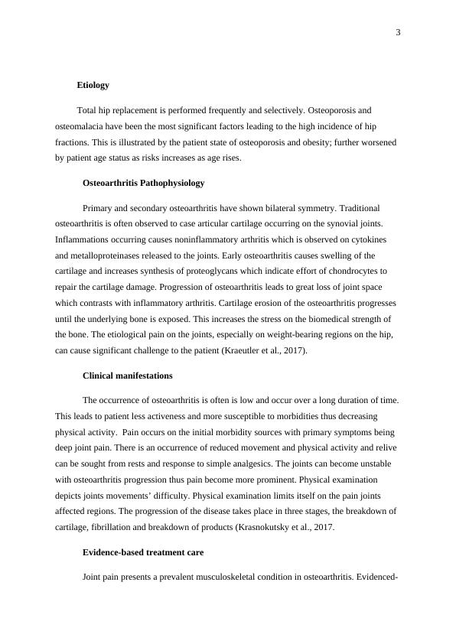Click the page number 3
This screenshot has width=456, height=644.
click(x=398, y=32)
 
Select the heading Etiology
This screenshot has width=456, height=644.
click(x=93, y=85)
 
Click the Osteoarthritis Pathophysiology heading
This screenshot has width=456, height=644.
click(x=143, y=184)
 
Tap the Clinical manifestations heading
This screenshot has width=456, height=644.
click(x=127, y=376)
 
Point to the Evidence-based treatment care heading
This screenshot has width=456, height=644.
click(x=142, y=552)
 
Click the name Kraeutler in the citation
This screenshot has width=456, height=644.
click(x=288, y=351)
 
